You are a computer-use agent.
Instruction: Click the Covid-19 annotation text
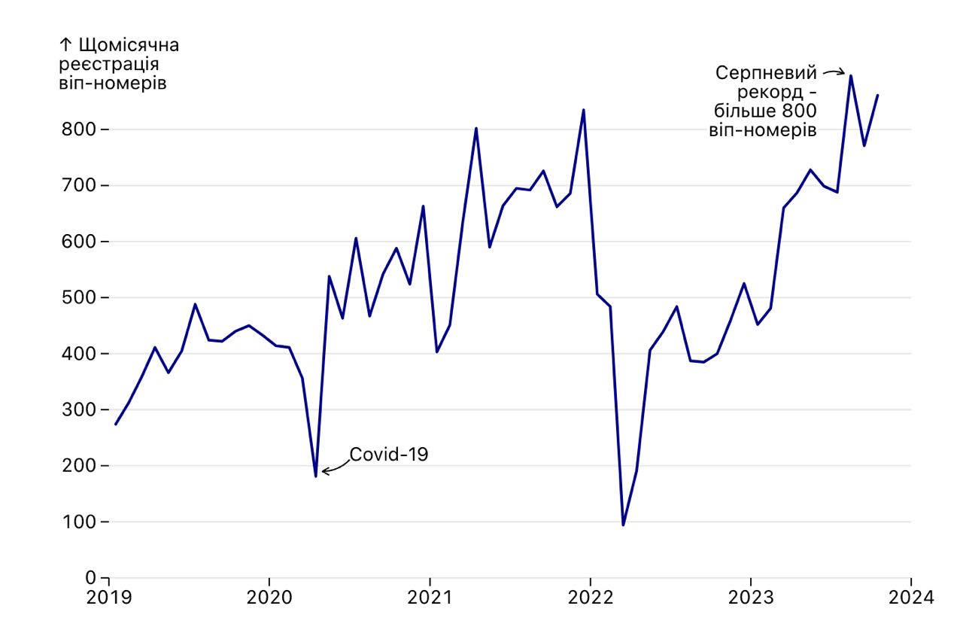pyautogui.click(x=388, y=454)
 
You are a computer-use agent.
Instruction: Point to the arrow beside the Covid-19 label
pyautogui.click(x=334, y=468)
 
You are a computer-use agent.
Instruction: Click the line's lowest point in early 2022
pyautogui.click(x=624, y=525)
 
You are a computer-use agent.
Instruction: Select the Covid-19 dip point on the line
pyautogui.click(x=316, y=476)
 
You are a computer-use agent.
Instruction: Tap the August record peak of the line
pyautogui.click(x=851, y=75)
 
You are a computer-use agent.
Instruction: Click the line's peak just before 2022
pyautogui.click(x=584, y=110)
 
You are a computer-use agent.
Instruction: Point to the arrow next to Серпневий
pyautogui.click(x=834, y=72)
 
